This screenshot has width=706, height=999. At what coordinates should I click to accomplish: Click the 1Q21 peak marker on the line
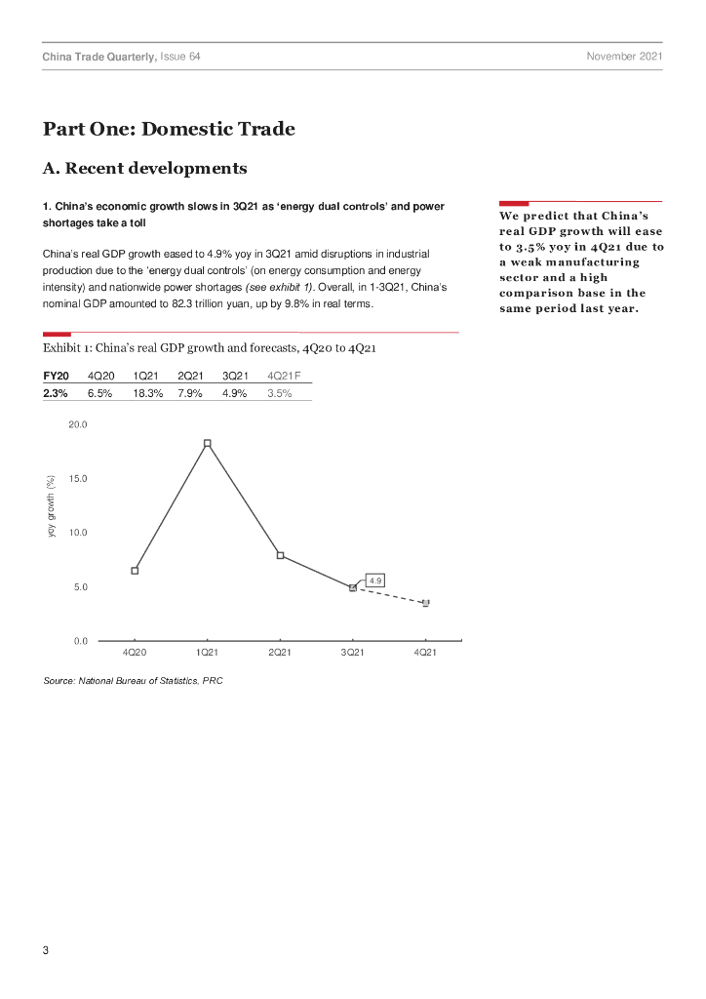click(207, 443)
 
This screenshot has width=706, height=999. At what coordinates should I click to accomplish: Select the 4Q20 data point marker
click(135, 571)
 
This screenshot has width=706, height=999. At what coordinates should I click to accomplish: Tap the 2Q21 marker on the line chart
click(280, 555)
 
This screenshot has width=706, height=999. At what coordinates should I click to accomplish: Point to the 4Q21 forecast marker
click(425, 603)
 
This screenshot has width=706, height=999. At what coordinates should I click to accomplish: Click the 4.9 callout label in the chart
click(375, 579)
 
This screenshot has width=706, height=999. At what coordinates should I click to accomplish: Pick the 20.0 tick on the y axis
click(78, 424)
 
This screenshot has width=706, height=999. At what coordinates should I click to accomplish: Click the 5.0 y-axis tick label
click(80, 587)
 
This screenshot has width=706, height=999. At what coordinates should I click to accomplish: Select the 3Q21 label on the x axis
click(352, 653)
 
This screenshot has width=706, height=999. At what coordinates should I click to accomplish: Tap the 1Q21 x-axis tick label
click(207, 653)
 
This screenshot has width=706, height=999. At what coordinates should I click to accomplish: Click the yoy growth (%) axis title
click(51, 505)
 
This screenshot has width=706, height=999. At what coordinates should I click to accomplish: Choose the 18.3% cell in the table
click(147, 393)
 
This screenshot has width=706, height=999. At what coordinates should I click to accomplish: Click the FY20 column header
click(56, 375)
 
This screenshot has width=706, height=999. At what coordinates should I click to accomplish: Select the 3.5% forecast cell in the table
click(280, 393)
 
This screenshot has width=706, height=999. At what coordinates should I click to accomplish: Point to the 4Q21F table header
click(284, 375)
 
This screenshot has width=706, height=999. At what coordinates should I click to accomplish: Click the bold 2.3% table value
click(55, 393)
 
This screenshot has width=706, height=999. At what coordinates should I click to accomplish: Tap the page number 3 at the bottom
click(46, 951)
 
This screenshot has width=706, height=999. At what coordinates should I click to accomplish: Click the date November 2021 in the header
click(624, 58)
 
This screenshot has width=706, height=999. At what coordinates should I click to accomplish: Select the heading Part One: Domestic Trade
click(168, 129)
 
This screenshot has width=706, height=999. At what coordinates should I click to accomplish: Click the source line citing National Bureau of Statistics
click(133, 681)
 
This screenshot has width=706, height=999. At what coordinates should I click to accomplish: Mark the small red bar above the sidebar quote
click(513, 203)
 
